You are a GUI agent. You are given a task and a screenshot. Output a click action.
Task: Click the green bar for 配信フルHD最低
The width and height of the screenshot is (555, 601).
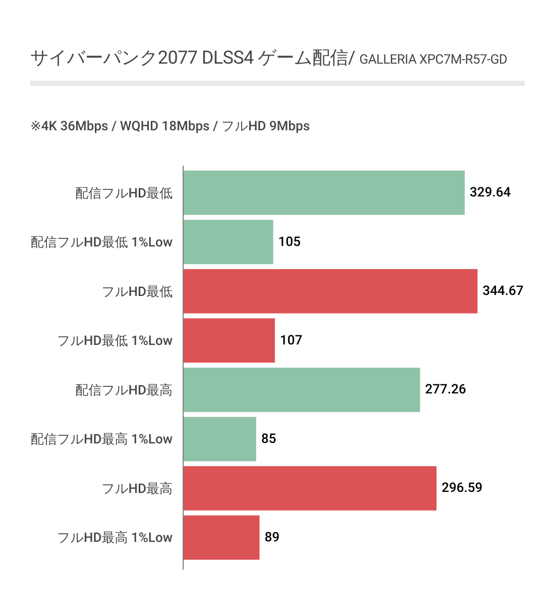(323, 192)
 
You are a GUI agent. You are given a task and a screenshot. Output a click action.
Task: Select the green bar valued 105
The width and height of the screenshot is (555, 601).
(228, 242)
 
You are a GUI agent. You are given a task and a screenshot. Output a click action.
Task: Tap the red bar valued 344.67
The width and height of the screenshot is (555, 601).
(330, 291)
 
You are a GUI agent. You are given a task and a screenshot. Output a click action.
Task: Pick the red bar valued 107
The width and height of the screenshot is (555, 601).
(229, 340)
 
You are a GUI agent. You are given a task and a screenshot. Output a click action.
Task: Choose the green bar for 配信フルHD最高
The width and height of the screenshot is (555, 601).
(301, 389)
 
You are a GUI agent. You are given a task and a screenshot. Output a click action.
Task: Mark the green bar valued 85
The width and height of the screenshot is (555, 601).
(219, 439)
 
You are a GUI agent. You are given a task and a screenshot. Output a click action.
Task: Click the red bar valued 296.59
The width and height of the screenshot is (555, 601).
(309, 488)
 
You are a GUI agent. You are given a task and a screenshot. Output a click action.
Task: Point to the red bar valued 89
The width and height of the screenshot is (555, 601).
(221, 537)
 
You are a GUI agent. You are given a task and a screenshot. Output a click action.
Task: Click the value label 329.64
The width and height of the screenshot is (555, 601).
(490, 192)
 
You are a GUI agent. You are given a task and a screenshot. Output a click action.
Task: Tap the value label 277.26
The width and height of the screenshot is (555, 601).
(446, 389)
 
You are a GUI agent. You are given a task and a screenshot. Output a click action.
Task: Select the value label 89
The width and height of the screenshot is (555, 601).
(272, 537)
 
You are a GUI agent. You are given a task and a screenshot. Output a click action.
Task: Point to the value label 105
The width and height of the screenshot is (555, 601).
(289, 242)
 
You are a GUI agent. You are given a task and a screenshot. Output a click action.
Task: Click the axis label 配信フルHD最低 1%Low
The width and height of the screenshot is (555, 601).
(101, 242)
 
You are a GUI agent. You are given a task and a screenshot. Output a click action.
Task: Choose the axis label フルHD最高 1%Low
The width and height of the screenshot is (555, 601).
(115, 538)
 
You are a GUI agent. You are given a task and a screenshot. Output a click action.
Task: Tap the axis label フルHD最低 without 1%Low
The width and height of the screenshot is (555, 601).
(137, 291)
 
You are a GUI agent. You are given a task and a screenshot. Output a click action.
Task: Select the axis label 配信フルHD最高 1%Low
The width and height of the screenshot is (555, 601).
(101, 439)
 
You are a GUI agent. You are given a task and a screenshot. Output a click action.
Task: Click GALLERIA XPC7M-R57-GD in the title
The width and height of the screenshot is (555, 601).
(433, 60)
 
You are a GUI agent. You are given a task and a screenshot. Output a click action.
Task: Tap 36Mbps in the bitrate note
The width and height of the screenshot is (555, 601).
(84, 126)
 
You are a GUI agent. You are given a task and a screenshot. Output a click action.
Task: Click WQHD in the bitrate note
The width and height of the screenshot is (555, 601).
(139, 126)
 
